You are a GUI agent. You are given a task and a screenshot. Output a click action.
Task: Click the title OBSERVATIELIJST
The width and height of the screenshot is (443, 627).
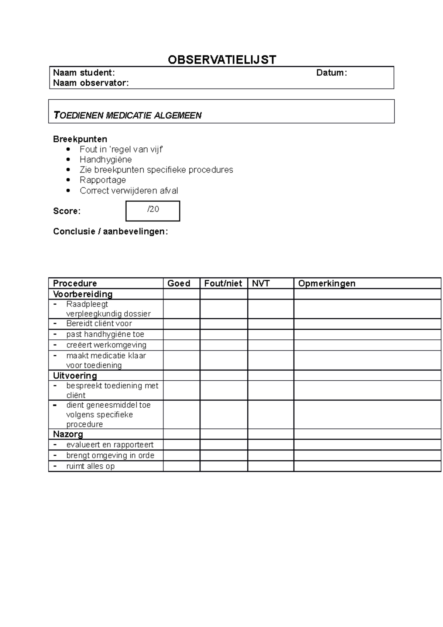[x=222, y=60]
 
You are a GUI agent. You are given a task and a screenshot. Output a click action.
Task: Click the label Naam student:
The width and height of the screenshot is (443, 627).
[x=84, y=73]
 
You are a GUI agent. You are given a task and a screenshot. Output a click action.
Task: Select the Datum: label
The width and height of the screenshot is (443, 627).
[x=331, y=73]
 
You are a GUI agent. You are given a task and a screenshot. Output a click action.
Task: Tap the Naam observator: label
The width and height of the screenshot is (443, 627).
[x=91, y=83]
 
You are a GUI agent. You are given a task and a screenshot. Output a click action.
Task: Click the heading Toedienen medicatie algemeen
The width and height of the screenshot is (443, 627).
[x=128, y=116]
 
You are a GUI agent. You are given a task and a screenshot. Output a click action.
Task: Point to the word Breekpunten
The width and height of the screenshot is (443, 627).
[x=80, y=139]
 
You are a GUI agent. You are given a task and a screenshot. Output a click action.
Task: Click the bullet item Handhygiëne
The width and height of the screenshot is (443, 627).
[x=106, y=160]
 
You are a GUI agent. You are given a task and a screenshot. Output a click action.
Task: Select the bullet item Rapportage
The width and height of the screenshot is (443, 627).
[x=103, y=180]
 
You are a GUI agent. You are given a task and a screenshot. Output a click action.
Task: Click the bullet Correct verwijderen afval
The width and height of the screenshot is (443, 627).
[x=129, y=191]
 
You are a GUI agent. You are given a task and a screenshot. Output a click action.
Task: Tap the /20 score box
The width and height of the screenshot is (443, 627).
[x=153, y=211]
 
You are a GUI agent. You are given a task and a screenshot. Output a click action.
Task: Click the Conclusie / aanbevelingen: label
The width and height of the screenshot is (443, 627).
[x=110, y=232]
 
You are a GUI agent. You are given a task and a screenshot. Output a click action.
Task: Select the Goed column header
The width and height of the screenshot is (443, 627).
[x=179, y=283]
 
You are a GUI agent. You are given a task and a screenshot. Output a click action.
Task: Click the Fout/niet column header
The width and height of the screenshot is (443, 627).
[x=223, y=283]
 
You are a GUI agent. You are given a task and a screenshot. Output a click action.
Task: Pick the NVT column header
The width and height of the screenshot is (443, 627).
[x=261, y=283]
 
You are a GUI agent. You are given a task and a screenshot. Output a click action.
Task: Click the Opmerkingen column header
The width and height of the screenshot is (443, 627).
[x=327, y=283]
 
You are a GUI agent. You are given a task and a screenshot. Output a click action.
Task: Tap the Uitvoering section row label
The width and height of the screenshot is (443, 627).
[x=75, y=376]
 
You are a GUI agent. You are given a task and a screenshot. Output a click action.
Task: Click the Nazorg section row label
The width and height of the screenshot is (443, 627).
[x=68, y=434]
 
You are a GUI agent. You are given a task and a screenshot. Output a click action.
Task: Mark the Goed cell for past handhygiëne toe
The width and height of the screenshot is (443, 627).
[x=181, y=335]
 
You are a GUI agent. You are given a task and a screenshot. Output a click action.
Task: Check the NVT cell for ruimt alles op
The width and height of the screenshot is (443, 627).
[x=270, y=466]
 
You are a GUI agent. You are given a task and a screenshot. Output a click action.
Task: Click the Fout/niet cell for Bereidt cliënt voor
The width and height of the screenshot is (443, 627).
[x=223, y=324]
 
